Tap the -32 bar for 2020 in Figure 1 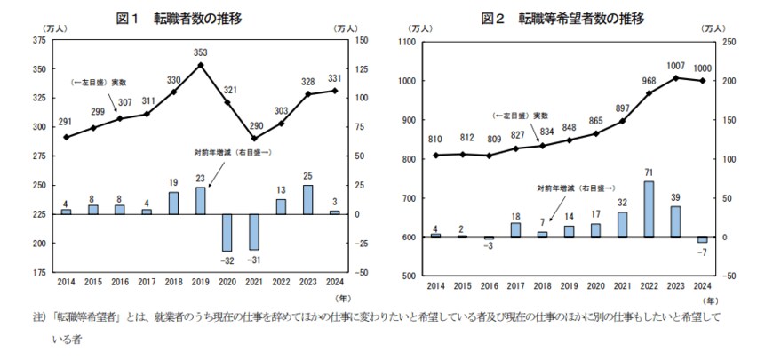pos(228,232)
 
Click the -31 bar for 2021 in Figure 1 pos(255,231)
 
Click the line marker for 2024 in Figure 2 pos(703,81)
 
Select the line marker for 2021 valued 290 pos(255,138)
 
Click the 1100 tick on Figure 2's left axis pos(407,42)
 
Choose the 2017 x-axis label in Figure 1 pos(146,282)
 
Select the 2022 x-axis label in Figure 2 pos(649,285)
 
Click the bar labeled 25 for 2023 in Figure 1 pos(307,199)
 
